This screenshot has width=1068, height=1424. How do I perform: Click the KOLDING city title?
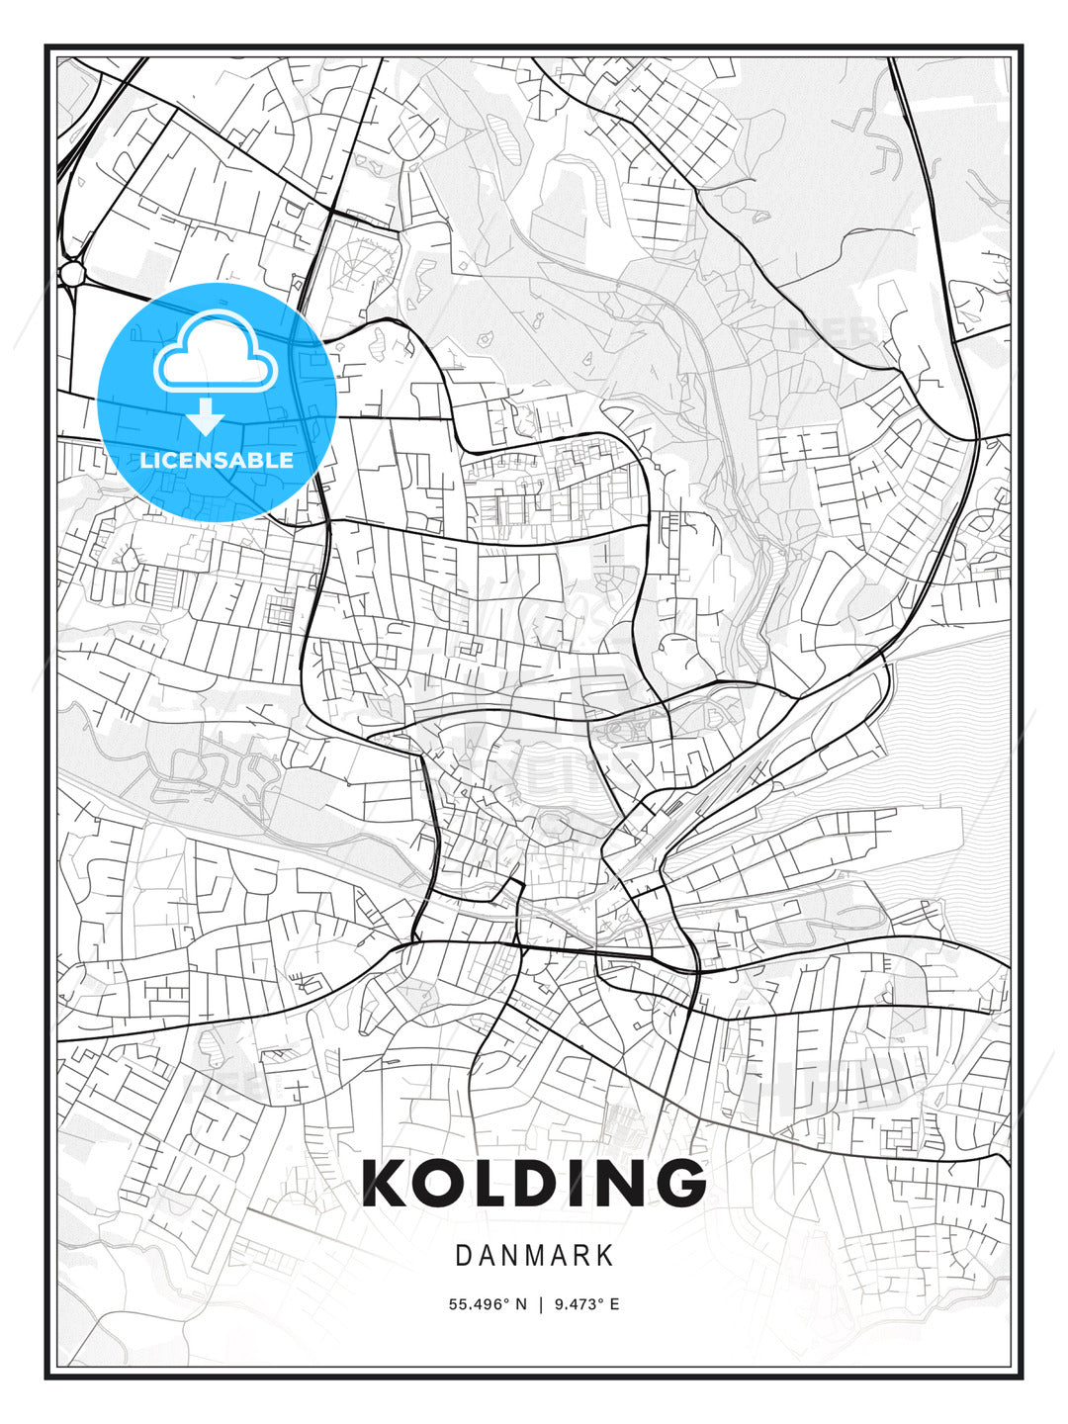[x=534, y=1183]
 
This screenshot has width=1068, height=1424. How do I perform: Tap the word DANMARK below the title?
[x=534, y=1256]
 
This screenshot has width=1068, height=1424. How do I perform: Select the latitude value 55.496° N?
[x=488, y=1304]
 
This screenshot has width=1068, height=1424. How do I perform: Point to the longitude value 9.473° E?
[x=586, y=1304]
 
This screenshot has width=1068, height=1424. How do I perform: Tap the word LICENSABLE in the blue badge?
[x=217, y=460]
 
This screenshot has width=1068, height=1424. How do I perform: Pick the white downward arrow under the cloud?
[x=206, y=417]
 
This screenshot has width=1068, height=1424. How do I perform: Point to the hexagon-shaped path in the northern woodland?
[x=733, y=200]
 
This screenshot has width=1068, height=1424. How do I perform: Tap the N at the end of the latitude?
[x=521, y=1304]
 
